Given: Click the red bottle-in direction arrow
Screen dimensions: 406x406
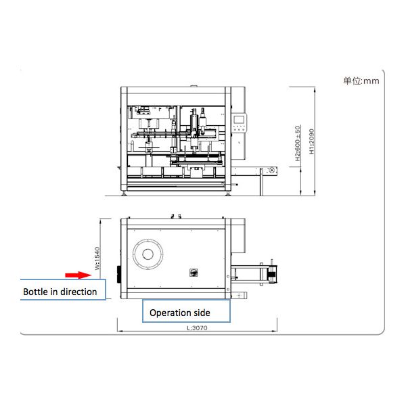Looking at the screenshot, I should click(x=78, y=275).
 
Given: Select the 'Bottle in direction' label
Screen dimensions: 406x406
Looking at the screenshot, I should click(x=60, y=292).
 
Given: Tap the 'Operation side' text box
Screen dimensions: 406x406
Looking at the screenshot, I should click(x=180, y=313).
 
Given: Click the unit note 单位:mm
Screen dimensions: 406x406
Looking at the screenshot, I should click(x=361, y=81).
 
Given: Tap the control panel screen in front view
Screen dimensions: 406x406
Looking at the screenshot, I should click(x=238, y=122).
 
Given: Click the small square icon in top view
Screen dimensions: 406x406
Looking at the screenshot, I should click(x=193, y=273).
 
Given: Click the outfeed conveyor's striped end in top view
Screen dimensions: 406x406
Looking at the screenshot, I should click(x=273, y=273).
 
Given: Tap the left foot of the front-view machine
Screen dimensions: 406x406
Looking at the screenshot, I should click(x=125, y=194).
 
